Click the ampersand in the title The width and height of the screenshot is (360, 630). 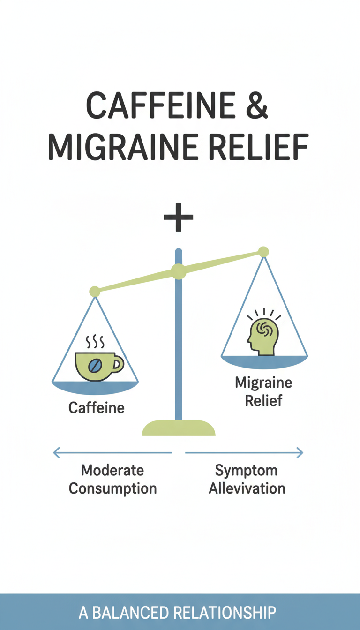[257, 105]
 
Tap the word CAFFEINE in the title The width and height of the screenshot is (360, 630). [161, 105]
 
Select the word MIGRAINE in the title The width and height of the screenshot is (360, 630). [123, 147]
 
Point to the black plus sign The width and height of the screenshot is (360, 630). [178, 217]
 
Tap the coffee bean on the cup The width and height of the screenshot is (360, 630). [95, 366]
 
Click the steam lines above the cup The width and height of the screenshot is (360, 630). [95, 342]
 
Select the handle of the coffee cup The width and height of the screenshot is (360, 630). [118, 364]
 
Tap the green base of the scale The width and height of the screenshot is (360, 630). [179, 428]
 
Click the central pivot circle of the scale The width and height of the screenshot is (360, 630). [179, 271]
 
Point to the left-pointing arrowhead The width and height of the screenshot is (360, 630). [57, 452]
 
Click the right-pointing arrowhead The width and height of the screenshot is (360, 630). [300, 452]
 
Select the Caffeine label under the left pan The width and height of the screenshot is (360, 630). [97, 408]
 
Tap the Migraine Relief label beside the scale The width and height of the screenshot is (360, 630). [263, 391]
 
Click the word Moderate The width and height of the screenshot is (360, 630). [112, 470]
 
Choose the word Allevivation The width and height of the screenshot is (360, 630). [247, 488]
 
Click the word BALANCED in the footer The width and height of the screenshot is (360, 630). [130, 613]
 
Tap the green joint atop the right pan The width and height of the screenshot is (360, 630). [263, 252]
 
